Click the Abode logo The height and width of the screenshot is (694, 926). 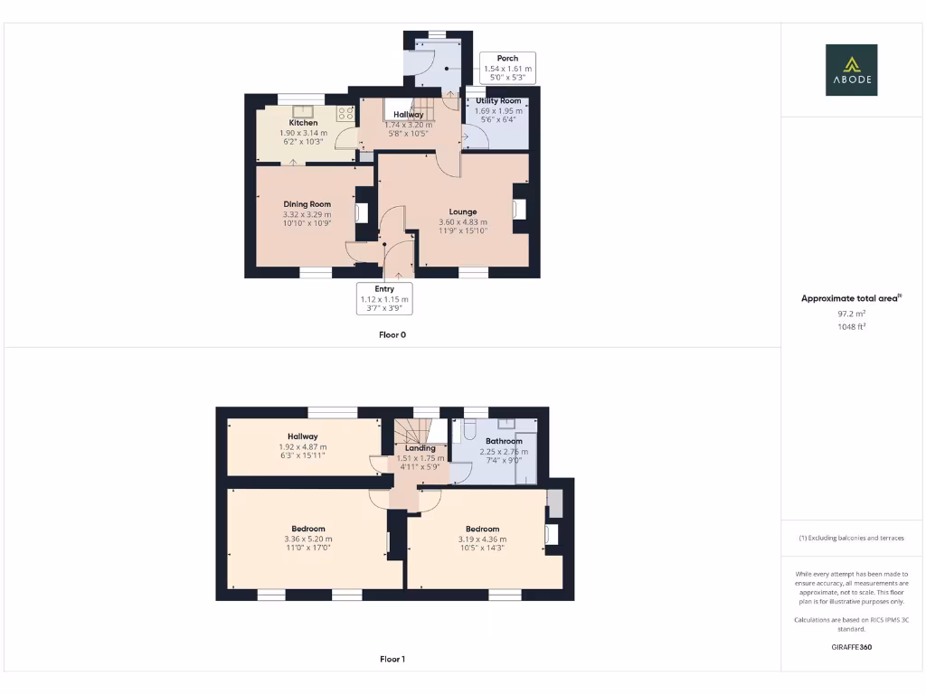click(851, 70)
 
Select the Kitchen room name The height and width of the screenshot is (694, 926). click(304, 123)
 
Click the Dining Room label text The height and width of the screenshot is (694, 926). click(307, 204)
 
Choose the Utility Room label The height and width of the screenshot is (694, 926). click(498, 100)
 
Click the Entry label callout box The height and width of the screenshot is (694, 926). click(384, 298)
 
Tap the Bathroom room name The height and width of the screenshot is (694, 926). click(504, 441)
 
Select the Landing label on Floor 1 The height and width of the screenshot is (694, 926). click(420, 448)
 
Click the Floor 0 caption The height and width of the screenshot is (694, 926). click(392, 334)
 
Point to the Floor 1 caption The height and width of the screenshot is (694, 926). click(392, 660)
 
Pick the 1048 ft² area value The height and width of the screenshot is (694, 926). click(851, 327)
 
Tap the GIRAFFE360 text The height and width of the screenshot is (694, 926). click(851, 647)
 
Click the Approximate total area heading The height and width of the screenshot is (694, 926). click(851, 298)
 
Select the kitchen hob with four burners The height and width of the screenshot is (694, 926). click(345, 113)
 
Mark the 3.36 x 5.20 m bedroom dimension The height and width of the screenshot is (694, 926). click(308, 539)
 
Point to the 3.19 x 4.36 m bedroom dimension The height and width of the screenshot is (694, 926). click(482, 539)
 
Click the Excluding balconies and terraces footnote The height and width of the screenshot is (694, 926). click(851, 538)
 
